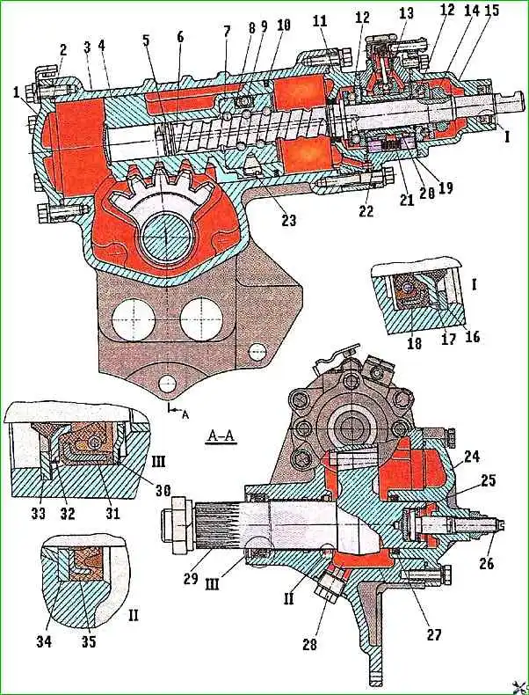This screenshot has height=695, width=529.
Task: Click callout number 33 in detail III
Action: [40, 512]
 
